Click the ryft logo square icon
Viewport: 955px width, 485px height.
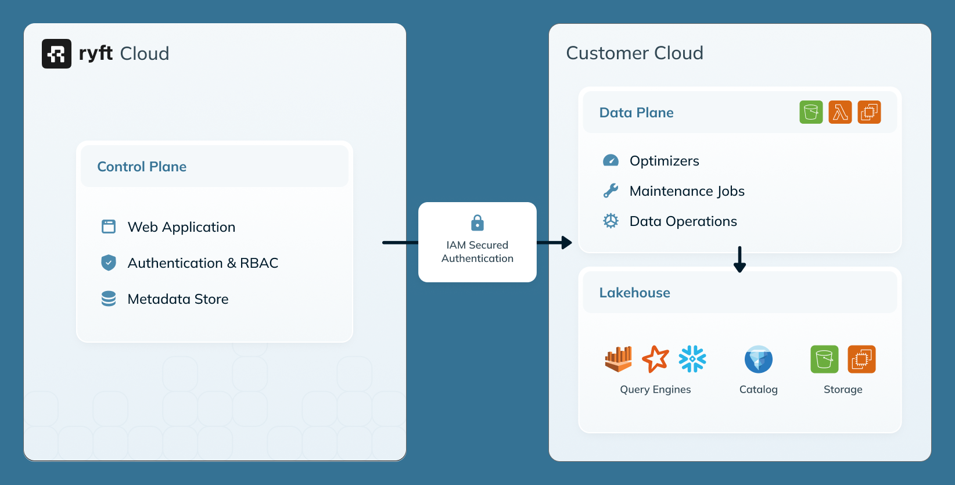(56, 53)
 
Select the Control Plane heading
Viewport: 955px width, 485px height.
(142, 167)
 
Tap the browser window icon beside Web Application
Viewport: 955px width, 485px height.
(109, 227)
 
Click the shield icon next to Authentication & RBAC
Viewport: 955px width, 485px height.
(109, 263)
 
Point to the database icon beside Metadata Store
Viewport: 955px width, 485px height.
(109, 299)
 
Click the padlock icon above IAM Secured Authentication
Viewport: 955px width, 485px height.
(477, 222)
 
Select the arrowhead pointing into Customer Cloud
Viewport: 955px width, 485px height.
(566, 243)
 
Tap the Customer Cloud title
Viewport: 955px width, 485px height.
(634, 53)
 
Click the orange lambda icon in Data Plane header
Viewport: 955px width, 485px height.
(840, 112)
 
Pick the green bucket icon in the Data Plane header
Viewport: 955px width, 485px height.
(811, 112)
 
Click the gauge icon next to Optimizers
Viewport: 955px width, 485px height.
(611, 160)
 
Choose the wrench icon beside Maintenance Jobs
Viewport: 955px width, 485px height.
(611, 191)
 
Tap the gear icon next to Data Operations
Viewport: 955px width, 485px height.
(611, 221)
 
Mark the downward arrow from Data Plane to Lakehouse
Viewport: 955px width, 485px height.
(739, 260)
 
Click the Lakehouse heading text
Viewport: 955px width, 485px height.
(634, 293)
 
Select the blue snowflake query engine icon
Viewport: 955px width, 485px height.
(692, 359)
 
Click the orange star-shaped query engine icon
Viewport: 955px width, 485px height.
(655, 359)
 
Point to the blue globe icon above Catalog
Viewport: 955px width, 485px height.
(758, 359)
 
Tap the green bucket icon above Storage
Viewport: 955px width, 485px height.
(824, 359)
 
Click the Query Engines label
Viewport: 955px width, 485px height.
(655, 389)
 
